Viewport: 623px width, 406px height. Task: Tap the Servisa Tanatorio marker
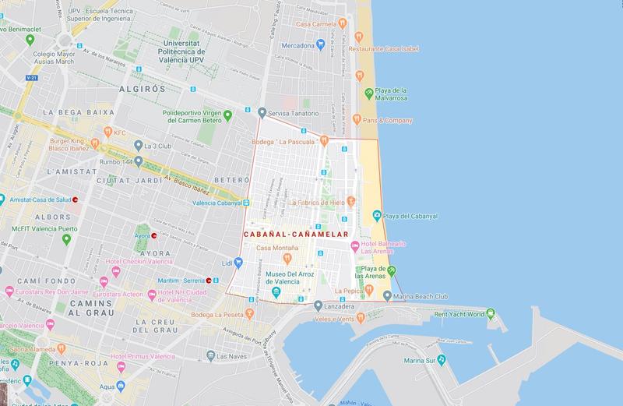tap(262, 114)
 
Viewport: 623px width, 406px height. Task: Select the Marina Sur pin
tap(441, 361)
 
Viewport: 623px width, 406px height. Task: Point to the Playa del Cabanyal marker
tap(376, 214)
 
